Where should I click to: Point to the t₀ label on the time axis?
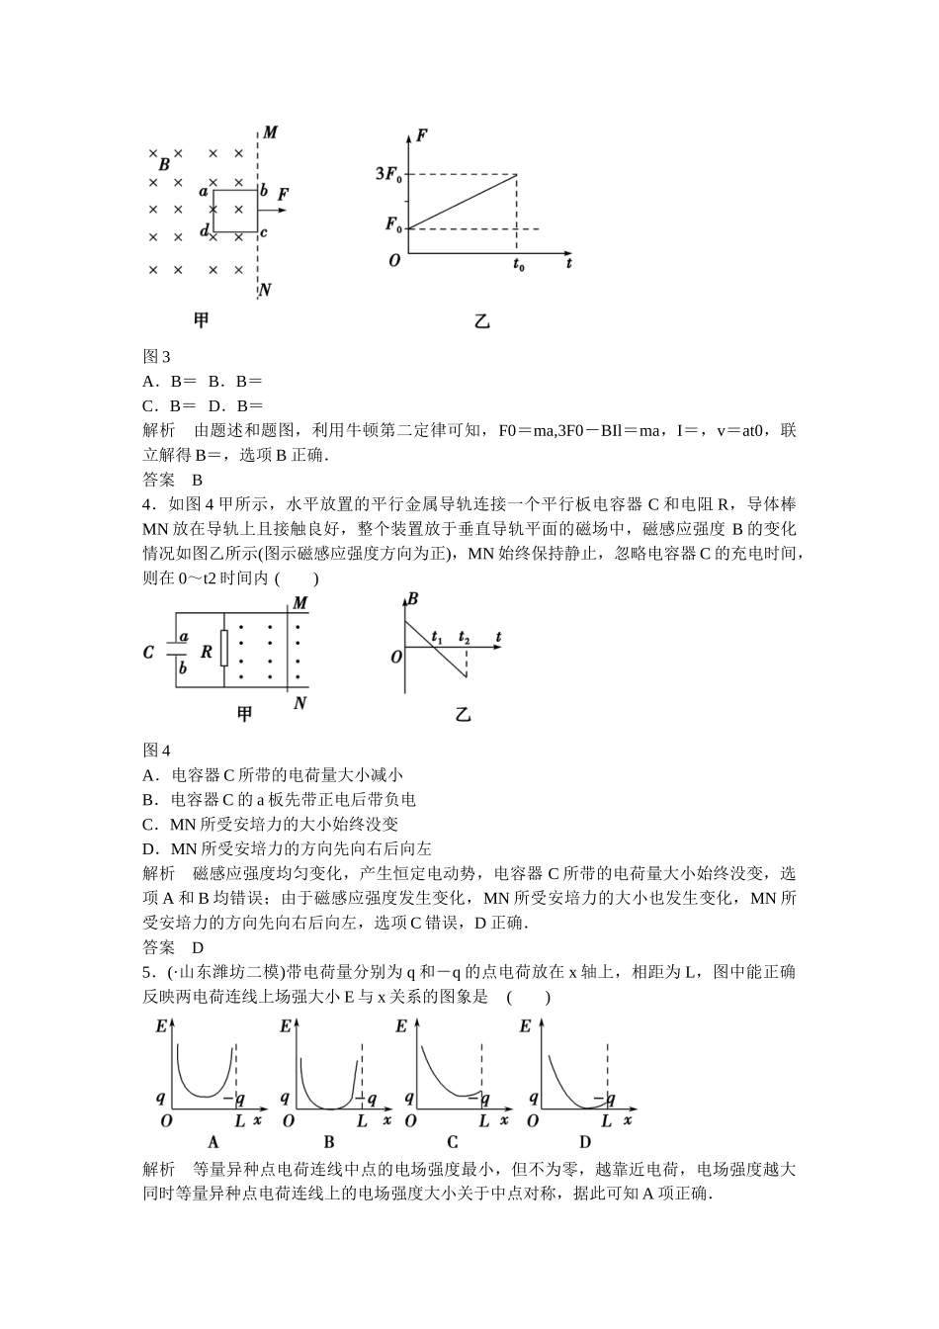point(518,265)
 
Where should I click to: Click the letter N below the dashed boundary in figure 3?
point(265,291)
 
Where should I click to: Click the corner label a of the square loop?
point(204,191)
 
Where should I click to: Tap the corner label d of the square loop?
point(205,231)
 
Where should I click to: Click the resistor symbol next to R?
point(224,650)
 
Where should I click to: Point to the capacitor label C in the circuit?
point(149,653)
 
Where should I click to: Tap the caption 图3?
point(157,357)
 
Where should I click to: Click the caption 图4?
point(157,751)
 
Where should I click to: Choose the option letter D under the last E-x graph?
point(584,1143)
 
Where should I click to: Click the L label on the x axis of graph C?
point(483,1121)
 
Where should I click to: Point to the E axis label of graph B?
point(286,1026)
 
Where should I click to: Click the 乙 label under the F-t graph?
point(482,321)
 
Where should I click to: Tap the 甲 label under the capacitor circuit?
point(244,714)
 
